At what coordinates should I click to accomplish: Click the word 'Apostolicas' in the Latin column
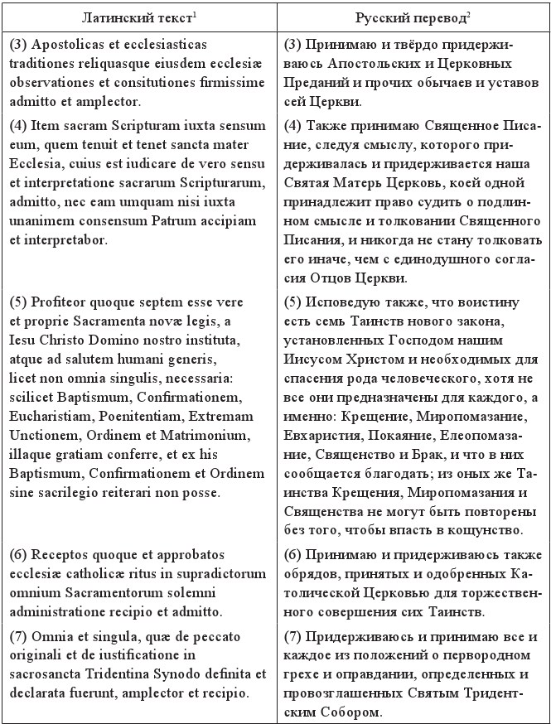click(65, 43)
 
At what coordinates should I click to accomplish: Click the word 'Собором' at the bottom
click(343, 712)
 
